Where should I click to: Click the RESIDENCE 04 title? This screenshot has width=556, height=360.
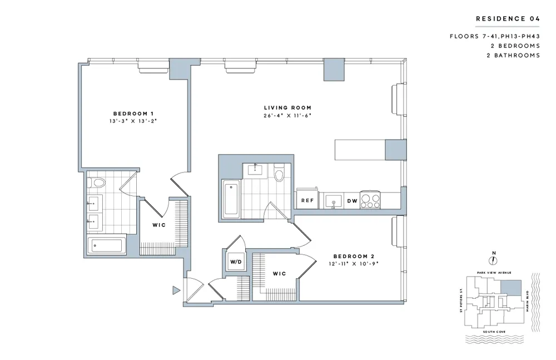pos(508,19)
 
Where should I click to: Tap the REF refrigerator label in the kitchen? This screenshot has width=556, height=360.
pos(307,200)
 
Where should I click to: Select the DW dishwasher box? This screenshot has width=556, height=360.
pos(351,200)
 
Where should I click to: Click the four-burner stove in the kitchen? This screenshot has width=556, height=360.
pos(369,200)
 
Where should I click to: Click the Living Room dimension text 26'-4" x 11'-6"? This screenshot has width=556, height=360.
pos(287,116)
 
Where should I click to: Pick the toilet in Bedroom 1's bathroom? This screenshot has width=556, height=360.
pos(99,183)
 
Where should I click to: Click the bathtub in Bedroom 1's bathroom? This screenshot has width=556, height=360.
pos(107,245)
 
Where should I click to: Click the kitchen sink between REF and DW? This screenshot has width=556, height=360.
pos(333,200)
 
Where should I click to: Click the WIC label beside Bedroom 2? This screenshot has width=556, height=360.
pos(279,274)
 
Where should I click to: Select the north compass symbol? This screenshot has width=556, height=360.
pos(493,259)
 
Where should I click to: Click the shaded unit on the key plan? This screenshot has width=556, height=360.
pos(511,288)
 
